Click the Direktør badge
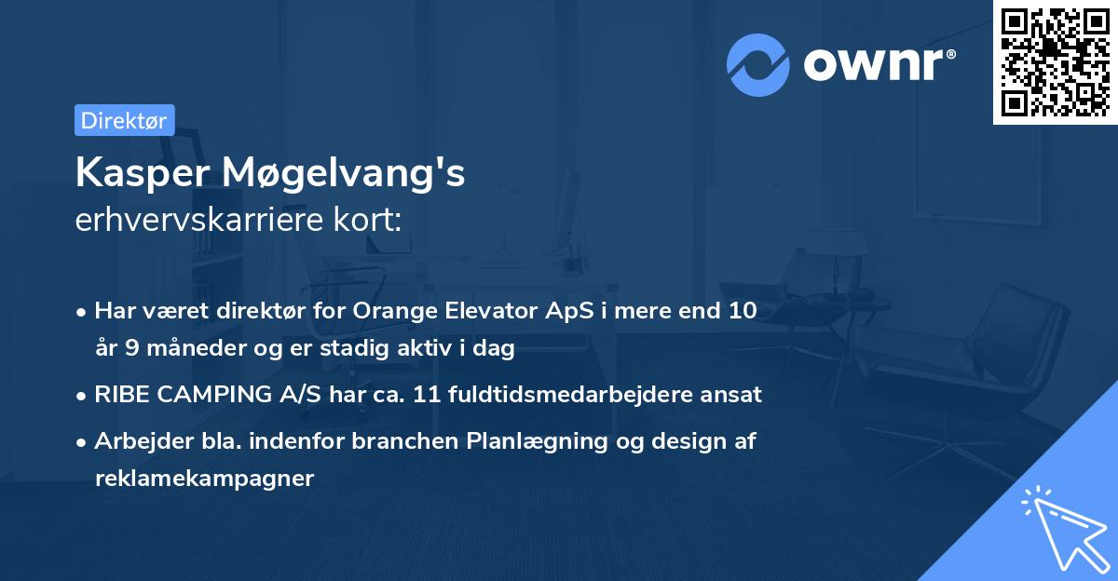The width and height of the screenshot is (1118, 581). tap(124, 120)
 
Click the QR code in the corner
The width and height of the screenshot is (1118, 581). tap(1055, 61)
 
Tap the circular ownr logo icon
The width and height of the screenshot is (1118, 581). tap(758, 64)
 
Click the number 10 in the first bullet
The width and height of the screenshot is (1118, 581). tap(742, 312)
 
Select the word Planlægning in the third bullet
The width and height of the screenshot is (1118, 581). tap(525, 442)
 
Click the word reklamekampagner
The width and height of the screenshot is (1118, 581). tap(205, 479)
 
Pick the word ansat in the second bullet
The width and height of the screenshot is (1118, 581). tap(733, 395)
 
